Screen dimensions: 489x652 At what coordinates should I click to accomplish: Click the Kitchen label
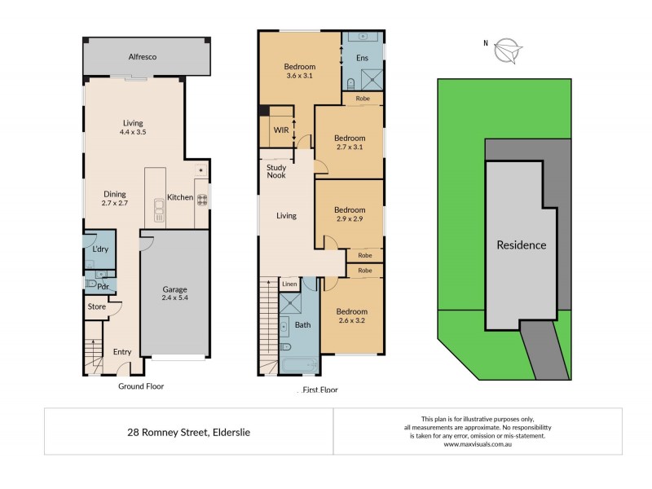179,197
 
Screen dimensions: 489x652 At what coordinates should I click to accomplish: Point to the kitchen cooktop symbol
200,197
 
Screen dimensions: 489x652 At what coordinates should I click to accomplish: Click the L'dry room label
100,249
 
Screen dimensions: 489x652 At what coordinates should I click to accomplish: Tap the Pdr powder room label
104,287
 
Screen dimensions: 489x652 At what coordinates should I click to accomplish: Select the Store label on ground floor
97,306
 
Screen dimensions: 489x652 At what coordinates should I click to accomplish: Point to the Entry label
122,351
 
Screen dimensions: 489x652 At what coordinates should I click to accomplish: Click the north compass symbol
509,50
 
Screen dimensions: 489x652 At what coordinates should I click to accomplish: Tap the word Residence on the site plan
522,244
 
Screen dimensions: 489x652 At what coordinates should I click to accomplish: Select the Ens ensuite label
363,58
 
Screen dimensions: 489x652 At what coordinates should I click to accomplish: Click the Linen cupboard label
289,284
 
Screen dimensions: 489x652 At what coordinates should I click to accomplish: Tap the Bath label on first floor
302,325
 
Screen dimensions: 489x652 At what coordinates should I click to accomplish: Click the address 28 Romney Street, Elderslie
188,432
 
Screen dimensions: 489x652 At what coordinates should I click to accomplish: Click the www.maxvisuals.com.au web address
477,444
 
